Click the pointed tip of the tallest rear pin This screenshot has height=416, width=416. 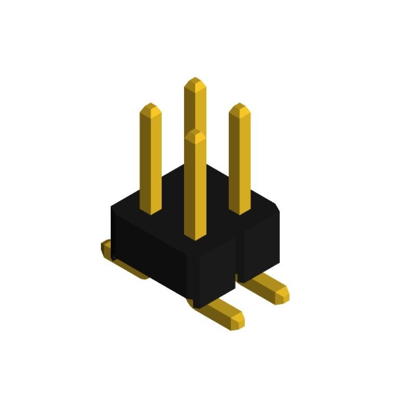click(195, 82)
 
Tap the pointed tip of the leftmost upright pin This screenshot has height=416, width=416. click(150, 107)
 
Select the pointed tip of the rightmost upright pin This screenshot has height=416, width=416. click(240, 107)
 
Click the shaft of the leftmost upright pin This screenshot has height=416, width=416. click(150, 161)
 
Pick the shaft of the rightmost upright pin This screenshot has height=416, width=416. click(240, 161)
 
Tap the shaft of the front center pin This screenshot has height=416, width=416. click(195, 192)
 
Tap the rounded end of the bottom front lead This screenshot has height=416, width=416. click(238, 320)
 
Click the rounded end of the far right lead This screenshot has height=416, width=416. click(283, 294)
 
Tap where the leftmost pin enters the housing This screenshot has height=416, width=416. click(150, 211)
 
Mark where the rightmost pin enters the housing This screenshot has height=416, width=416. click(240, 211)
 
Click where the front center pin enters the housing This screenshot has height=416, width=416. click(195, 237)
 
